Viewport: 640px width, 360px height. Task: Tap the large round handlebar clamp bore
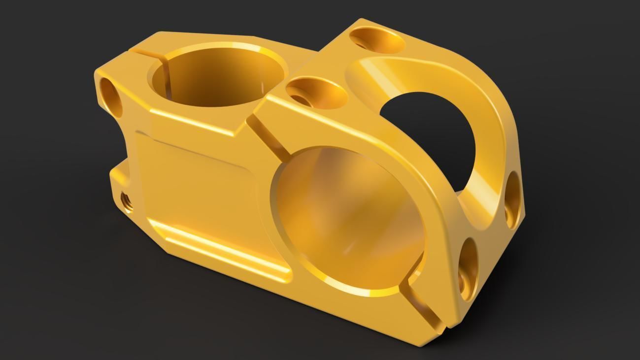tap(347, 222)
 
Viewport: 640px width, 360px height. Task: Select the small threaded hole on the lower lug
tap(126, 201)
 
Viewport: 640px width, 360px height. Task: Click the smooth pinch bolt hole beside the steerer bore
tap(111, 97)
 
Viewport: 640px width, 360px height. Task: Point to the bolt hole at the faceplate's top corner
tap(377, 39)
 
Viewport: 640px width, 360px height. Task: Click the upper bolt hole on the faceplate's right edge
tap(512, 199)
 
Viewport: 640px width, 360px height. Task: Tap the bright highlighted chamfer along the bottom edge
tap(222, 249)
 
